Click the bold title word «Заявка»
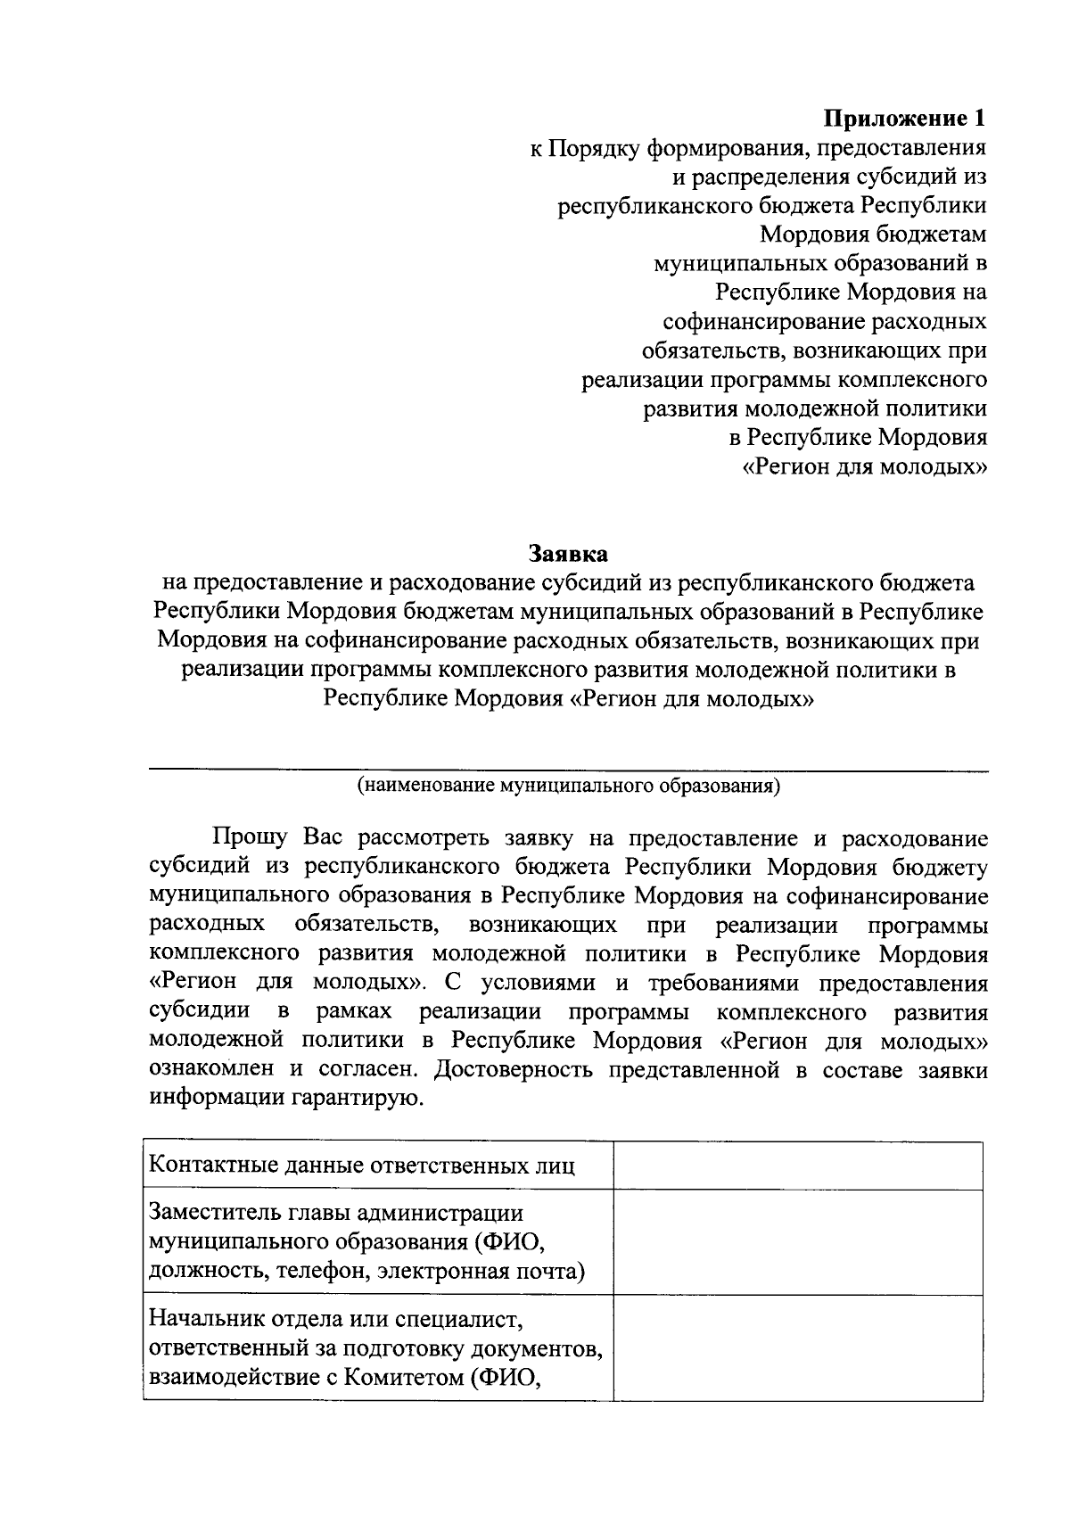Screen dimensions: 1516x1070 coord(568,554)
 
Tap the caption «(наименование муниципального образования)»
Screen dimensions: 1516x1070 coord(568,786)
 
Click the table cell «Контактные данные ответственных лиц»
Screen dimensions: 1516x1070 coord(361,1166)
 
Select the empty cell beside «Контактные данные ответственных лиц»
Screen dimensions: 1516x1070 coord(797,1166)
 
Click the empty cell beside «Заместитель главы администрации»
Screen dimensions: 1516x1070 coord(797,1241)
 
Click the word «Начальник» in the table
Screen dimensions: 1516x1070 coord(210,1318)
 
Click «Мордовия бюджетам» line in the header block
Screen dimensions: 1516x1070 coord(873,235)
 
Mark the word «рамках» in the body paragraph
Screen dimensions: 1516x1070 coord(354,1012)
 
